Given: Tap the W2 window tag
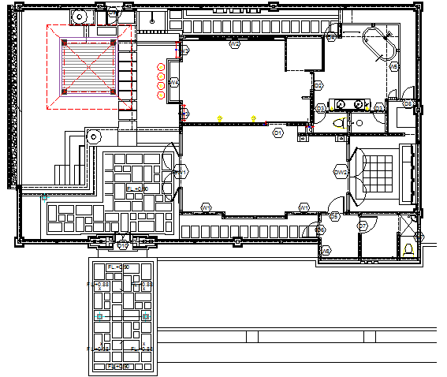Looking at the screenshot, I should click(234, 45).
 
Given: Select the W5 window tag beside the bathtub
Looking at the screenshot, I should click(394, 67).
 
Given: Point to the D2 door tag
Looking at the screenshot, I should click(318, 85).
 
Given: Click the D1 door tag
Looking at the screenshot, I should click(278, 133).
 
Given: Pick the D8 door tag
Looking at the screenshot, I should click(408, 103).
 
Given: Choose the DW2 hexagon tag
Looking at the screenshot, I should click(341, 171).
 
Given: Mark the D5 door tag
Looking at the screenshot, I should click(334, 215).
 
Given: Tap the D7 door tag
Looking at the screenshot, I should click(363, 226).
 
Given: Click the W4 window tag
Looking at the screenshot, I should click(174, 83).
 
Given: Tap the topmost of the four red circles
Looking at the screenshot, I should click(161, 67).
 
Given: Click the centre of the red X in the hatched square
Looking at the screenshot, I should click(89, 66).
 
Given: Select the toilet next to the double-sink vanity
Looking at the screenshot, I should click(339, 123).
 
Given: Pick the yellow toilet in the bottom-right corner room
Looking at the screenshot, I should click(408, 248).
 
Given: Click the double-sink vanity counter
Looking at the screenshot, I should click(348, 104).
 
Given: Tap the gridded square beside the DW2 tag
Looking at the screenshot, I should click(379, 172).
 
